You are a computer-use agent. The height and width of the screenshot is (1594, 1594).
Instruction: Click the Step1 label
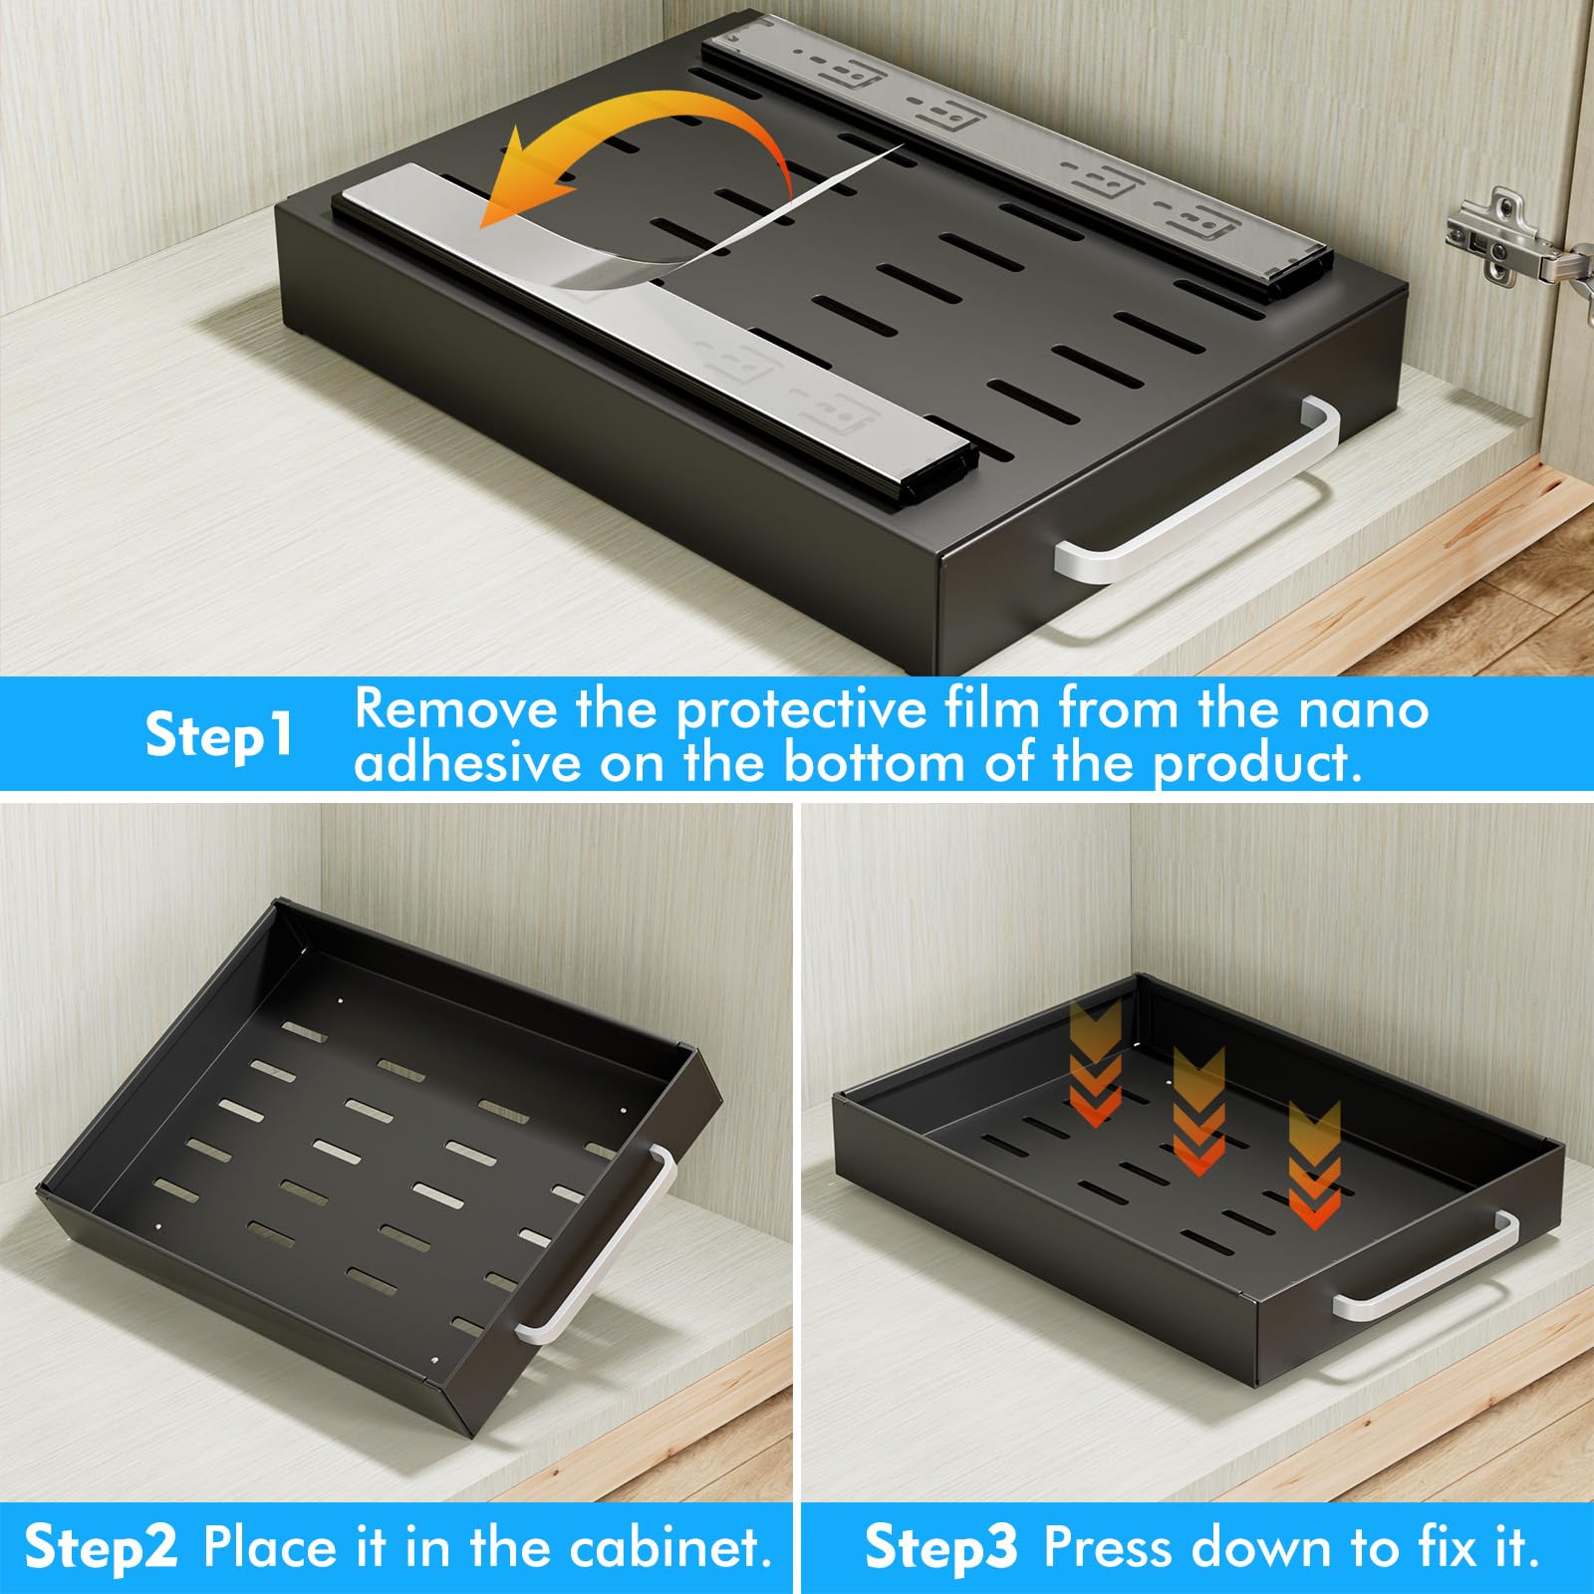[x=219, y=736]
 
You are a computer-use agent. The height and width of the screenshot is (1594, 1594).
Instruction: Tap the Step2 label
[x=101, y=1547]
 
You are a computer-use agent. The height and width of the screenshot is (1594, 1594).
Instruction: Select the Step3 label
[x=940, y=1547]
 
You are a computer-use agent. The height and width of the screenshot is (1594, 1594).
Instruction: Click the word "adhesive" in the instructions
[x=467, y=762]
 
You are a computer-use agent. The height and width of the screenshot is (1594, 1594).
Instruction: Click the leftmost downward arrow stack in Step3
[x=1095, y=1064]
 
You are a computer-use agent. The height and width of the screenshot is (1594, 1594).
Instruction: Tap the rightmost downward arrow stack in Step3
[x=1314, y=1165]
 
